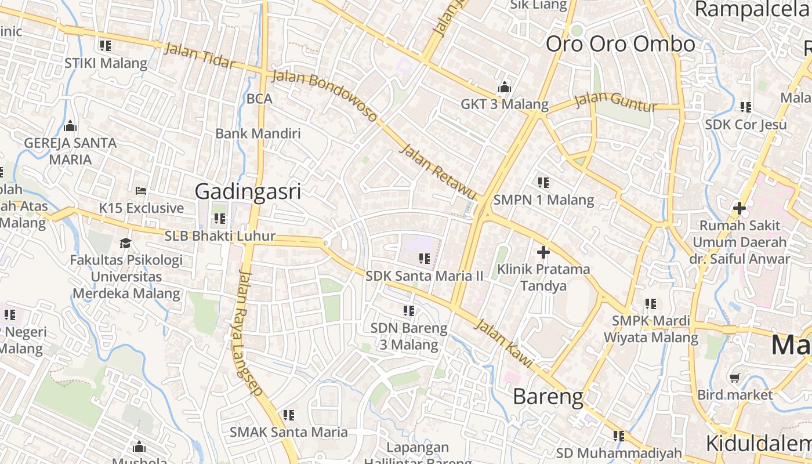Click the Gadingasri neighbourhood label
[x=248, y=191]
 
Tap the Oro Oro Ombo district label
[x=620, y=44]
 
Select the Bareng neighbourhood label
[x=548, y=397]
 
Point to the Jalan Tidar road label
[x=200, y=56]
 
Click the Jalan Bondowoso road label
[x=325, y=96]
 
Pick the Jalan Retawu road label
[x=438, y=172]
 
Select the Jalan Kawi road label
[x=503, y=342]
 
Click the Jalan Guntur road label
[x=615, y=103]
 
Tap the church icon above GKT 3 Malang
[x=505, y=88]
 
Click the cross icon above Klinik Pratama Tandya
[x=543, y=252]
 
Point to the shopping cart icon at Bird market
[x=735, y=378]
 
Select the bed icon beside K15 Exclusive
[x=141, y=190]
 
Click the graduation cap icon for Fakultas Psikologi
[x=125, y=243]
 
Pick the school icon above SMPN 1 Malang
[x=543, y=183]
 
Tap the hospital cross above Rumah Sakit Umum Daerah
[x=739, y=208]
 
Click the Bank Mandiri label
[x=258, y=133]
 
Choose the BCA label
[x=259, y=99]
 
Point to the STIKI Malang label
[x=106, y=63]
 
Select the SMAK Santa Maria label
[x=289, y=432]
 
